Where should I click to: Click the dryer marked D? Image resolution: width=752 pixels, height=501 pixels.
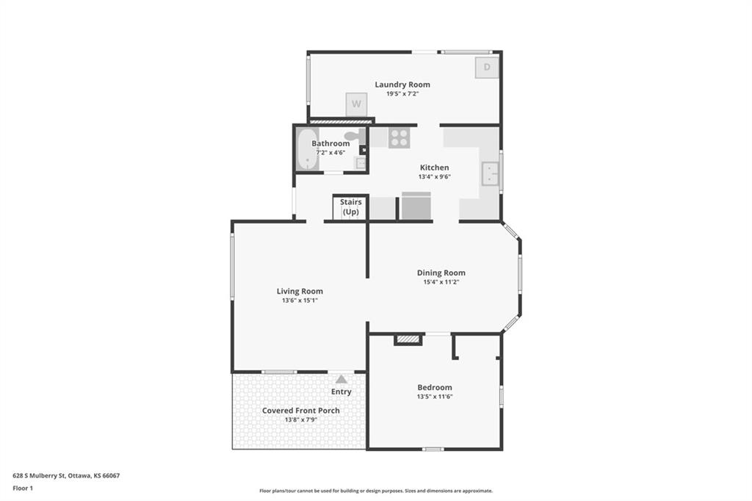pyautogui.click(x=487, y=67)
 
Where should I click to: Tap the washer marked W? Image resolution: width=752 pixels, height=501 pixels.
pyautogui.click(x=356, y=104)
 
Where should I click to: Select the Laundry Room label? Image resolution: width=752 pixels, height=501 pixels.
pyautogui.click(x=402, y=84)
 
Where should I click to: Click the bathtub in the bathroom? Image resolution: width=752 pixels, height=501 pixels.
pyautogui.click(x=307, y=148)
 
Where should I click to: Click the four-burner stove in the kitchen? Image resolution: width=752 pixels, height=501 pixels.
pyautogui.click(x=399, y=137)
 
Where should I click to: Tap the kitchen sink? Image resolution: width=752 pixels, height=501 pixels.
pyautogui.click(x=490, y=173)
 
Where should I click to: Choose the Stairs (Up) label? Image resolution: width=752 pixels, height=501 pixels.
pyautogui.click(x=350, y=207)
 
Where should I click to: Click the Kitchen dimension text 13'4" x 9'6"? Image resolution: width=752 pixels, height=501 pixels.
pyautogui.click(x=435, y=176)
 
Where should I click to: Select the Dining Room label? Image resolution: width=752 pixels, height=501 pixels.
pyautogui.click(x=441, y=273)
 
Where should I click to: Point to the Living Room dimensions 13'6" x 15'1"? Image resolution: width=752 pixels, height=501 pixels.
pyautogui.click(x=300, y=300)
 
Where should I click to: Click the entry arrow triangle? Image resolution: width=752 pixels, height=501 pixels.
pyautogui.click(x=341, y=379)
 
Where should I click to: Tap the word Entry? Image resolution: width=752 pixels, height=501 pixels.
pyautogui.click(x=341, y=392)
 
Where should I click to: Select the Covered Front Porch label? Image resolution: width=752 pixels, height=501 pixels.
pyautogui.click(x=300, y=411)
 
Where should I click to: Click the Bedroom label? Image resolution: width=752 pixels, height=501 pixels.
pyautogui.click(x=435, y=387)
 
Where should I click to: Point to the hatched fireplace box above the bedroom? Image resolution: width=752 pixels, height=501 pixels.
pyautogui.click(x=408, y=340)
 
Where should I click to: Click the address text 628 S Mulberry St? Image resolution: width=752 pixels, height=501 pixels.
pyautogui.click(x=39, y=476)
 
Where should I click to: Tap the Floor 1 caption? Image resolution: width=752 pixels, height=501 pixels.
pyautogui.click(x=23, y=489)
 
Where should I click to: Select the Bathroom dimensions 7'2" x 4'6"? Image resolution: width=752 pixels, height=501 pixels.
pyautogui.click(x=330, y=153)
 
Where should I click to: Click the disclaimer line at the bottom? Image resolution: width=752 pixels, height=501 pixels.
pyautogui.click(x=376, y=491)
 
